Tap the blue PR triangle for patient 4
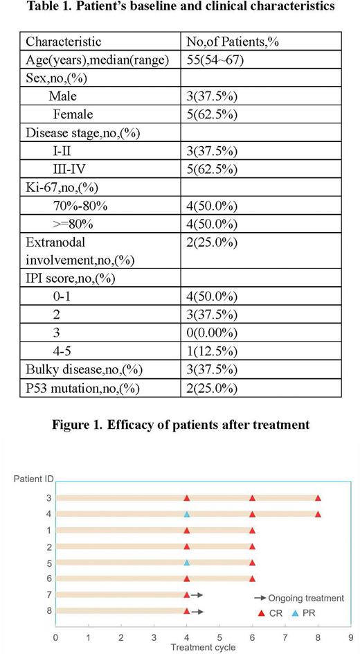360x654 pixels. (186, 514)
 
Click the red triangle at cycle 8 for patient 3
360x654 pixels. (318, 498)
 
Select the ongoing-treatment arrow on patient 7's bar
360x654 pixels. (197, 594)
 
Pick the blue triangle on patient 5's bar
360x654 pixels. (186, 563)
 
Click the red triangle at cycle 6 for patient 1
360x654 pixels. (252, 530)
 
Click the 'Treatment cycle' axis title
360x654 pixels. (203, 647)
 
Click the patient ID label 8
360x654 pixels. (47, 610)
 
